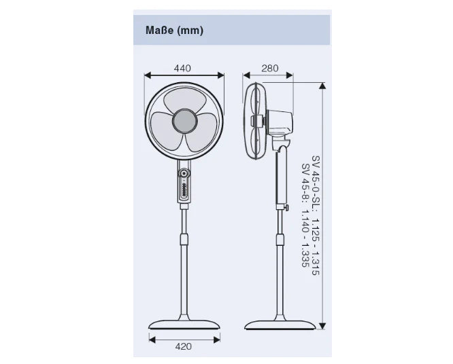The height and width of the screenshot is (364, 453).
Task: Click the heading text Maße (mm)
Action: click(x=174, y=31)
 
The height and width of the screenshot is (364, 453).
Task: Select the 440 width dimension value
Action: click(x=182, y=69)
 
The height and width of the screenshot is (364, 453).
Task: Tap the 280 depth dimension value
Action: click(x=270, y=69)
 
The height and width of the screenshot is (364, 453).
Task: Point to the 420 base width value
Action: click(x=184, y=346)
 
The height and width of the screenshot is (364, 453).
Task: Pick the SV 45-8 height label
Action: click(x=305, y=183)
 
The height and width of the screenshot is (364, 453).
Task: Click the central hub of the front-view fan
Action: click(x=184, y=121)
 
